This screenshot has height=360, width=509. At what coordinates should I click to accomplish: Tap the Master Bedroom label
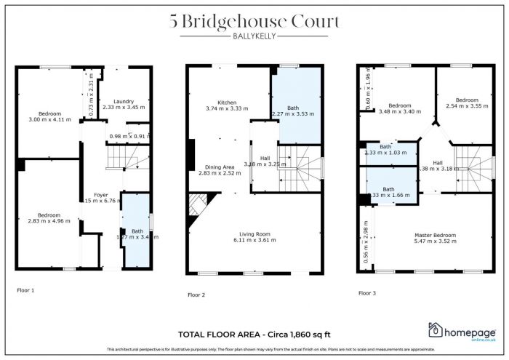(x=434, y=235)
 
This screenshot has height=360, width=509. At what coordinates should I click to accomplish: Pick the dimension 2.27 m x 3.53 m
(x=292, y=114)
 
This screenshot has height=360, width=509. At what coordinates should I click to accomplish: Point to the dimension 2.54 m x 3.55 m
(x=466, y=105)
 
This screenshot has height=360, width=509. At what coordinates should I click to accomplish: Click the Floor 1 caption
(x=25, y=289)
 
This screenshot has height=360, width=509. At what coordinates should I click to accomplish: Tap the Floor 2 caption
(x=196, y=295)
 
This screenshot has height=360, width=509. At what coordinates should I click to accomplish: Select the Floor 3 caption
(x=367, y=293)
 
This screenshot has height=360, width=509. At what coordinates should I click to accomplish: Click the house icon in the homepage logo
(x=438, y=331)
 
